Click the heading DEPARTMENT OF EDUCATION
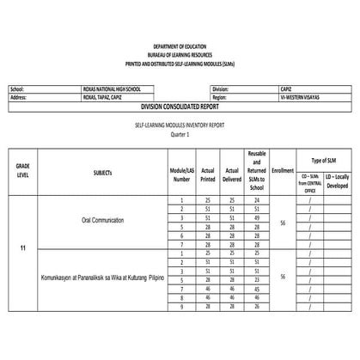point(180,46)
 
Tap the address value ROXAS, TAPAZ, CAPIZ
point(107,97)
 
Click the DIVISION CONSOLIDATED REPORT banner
point(180,106)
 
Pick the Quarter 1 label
point(180,134)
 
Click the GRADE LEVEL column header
point(22,169)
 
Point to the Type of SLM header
point(324,161)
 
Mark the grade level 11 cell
point(22,249)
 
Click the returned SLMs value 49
point(256,218)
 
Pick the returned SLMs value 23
point(256,279)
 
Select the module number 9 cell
point(181,306)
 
